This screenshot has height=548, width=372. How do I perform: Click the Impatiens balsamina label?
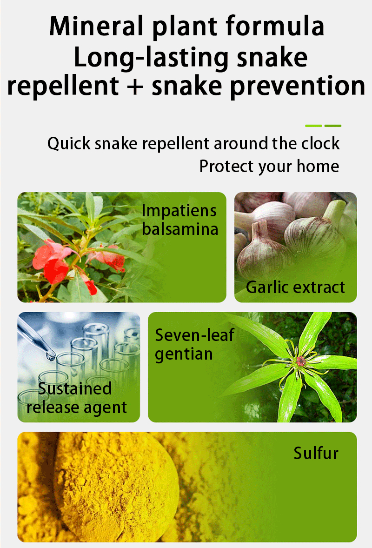[179, 220]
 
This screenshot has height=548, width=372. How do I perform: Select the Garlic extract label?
[295, 287]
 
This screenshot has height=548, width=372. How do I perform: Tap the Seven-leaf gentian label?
[194, 344]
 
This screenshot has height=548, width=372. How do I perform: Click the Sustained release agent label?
[76, 398]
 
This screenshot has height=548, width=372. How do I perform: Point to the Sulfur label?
[316, 453]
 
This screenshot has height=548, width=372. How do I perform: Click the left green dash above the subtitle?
[313, 126]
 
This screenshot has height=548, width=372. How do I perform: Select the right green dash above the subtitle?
[333, 126]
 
